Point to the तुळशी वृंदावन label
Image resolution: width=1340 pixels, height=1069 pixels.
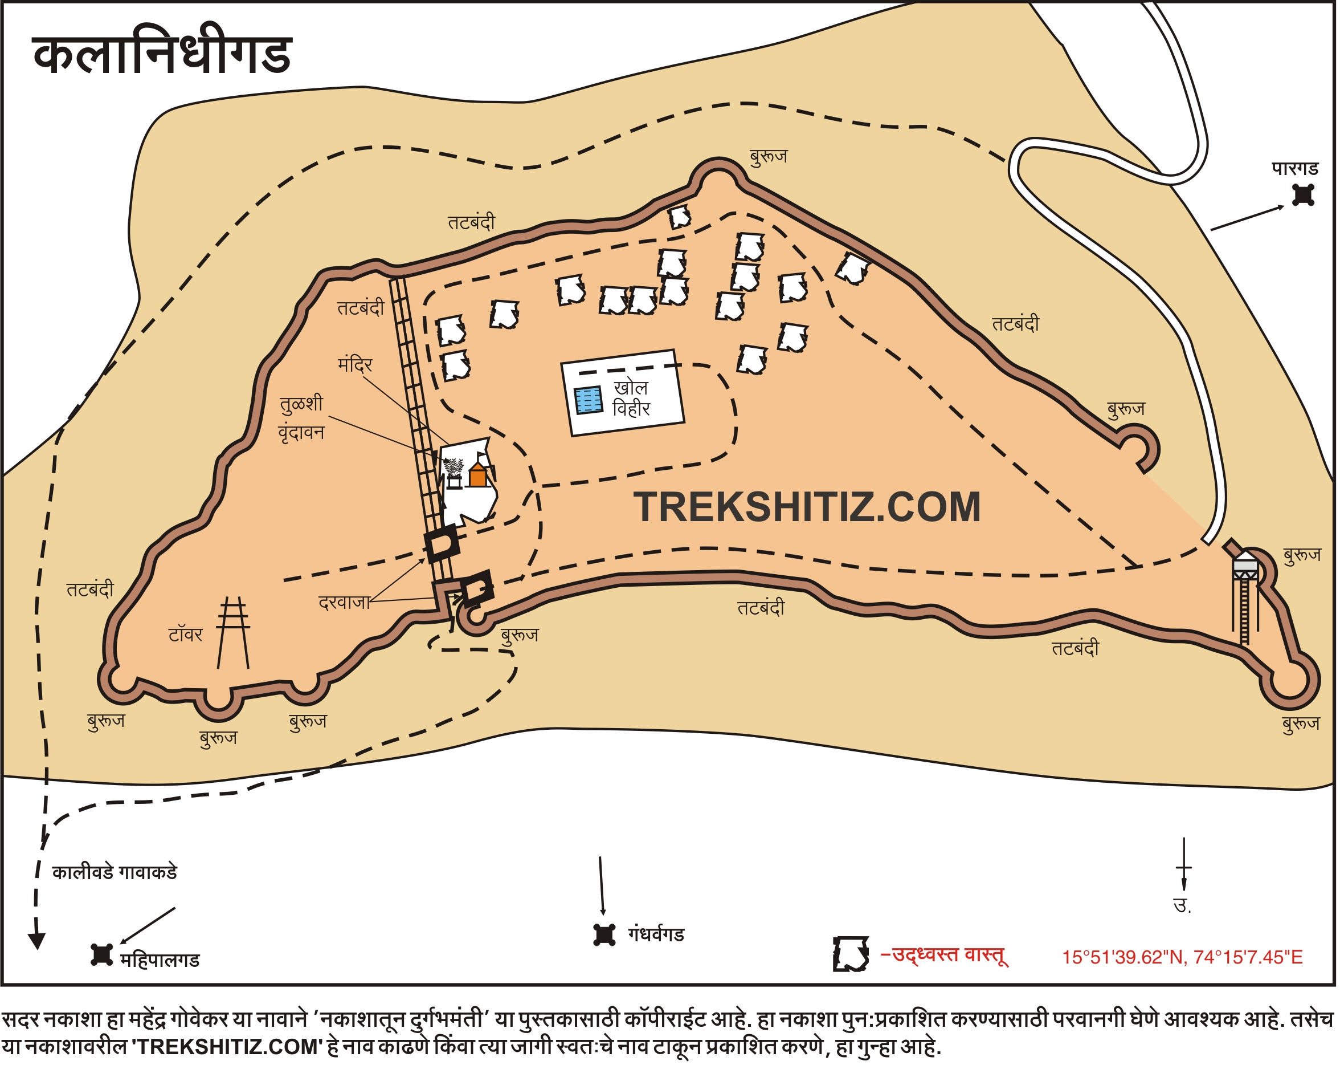(301, 418)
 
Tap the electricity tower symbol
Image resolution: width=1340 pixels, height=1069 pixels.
(234, 633)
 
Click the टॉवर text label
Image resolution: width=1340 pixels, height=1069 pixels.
(185, 636)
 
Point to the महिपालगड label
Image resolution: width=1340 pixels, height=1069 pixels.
(160, 961)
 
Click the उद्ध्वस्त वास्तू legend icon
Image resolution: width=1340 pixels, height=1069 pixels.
(851, 954)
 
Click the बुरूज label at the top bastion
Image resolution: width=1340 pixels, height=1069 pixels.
(769, 157)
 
